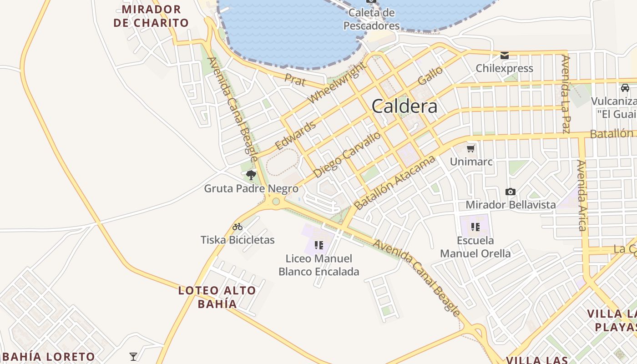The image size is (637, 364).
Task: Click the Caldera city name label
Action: point(404,106)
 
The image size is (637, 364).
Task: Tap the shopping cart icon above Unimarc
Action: point(471,148)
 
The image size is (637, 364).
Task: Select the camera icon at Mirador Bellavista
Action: point(511,192)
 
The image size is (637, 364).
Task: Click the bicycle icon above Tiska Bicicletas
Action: point(238,227)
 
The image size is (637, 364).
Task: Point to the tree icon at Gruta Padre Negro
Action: point(251,175)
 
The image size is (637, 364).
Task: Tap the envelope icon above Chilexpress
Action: point(504,56)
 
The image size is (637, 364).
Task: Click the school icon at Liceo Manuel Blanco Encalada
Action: point(318,245)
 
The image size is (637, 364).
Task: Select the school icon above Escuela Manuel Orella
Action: point(475,227)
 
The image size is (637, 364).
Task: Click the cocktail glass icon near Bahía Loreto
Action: point(133,356)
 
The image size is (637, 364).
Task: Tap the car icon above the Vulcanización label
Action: point(625,88)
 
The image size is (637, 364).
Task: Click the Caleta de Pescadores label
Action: point(371,19)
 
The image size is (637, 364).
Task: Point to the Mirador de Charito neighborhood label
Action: point(151,16)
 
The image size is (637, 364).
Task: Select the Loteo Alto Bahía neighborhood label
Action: point(217,297)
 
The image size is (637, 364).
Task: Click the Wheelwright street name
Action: point(337,83)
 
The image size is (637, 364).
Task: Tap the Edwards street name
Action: point(295,135)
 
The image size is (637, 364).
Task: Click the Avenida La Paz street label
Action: point(566,94)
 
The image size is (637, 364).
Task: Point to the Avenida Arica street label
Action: point(582,195)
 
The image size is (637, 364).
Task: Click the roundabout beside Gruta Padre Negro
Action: point(275,201)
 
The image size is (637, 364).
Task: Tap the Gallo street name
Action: point(430,75)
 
